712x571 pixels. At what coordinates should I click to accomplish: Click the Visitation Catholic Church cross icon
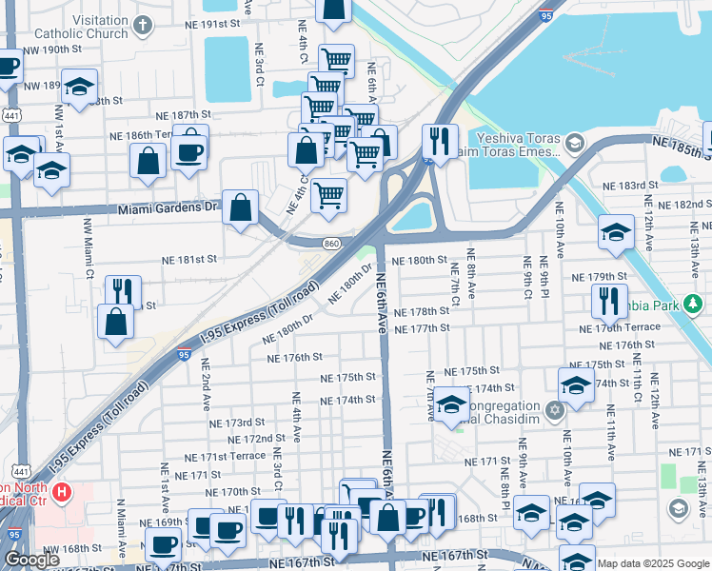pos(143,26)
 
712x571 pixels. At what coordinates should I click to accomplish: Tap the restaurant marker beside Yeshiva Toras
pos(440,142)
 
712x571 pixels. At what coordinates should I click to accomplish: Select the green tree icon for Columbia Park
pos(694,304)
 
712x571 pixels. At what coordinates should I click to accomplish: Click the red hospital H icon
pos(62,492)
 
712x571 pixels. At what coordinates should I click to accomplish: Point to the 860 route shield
pos(330,245)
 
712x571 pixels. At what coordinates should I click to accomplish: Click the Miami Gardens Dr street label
pos(168,209)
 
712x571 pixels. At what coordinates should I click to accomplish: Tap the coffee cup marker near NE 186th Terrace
pos(189,150)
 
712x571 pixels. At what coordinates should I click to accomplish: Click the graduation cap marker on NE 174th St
pos(576,385)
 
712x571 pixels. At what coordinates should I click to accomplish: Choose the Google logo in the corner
pos(31,560)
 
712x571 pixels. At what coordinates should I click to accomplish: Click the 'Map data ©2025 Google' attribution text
pos(654,562)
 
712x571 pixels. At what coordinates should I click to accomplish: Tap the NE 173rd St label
pos(237,423)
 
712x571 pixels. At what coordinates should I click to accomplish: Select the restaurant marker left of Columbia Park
pos(608,301)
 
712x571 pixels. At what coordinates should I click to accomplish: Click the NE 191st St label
pos(230,21)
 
